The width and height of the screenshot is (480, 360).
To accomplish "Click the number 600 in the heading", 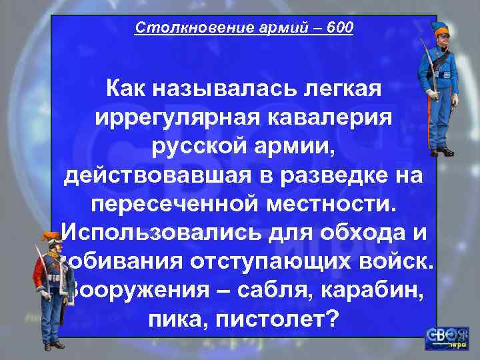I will (x=341, y=28).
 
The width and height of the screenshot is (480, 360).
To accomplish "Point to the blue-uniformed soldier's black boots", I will (x=441, y=151).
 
